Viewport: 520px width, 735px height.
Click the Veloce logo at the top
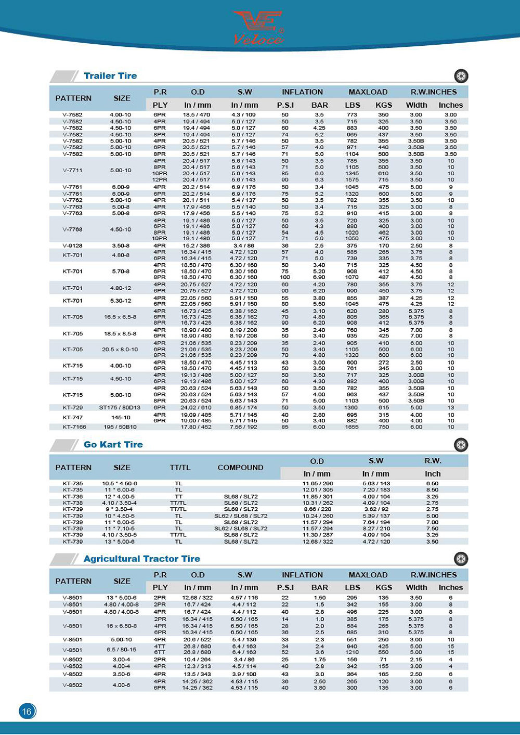[x=258, y=27]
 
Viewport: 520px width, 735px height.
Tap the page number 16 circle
[x=27, y=711]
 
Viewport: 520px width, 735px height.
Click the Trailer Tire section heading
[x=110, y=76]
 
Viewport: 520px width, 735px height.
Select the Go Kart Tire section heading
[x=113, y=445]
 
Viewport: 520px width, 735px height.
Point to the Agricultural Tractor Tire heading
[x=141, y=559]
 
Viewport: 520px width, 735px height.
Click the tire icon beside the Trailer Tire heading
[x=461, y=76]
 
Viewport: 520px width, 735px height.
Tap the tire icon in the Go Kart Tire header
[x=461, y=445]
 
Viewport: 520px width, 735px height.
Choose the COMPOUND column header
[x=240, y=468]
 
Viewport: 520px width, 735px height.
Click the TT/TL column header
[x=180, y=468]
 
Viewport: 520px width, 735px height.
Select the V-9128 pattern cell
[x=72, y=246]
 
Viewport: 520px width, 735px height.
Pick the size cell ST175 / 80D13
[x=120, y=408]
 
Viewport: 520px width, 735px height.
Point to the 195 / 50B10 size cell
[x=120, y=427]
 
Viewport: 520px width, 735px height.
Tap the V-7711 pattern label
[x=72, y=170]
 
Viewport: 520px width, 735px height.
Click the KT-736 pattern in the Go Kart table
[x=72, y=497]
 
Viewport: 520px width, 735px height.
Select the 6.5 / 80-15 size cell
[x=121, y=650]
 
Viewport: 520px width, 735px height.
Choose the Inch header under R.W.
[x=432, y=474]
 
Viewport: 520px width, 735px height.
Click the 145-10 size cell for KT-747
[x=121, y=417]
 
